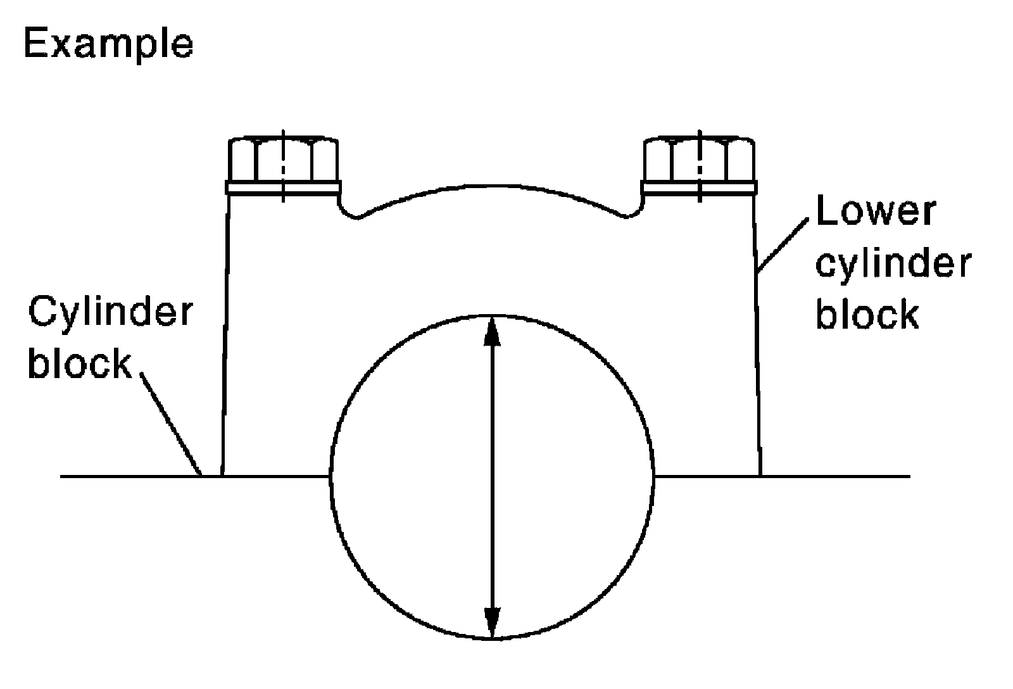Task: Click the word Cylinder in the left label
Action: click(x=110, y=313)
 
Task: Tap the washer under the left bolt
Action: click(x=283, y=187)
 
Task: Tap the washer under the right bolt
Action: click(x=699, y=187)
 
